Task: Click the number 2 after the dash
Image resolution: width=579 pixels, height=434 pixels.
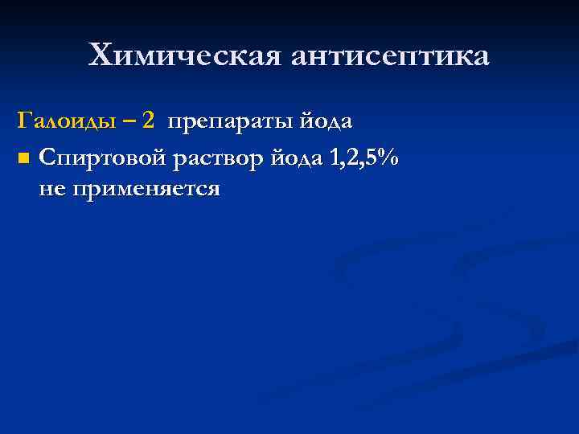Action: (x=147, y=121)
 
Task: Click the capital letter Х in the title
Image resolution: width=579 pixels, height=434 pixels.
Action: (x=102, y=55)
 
